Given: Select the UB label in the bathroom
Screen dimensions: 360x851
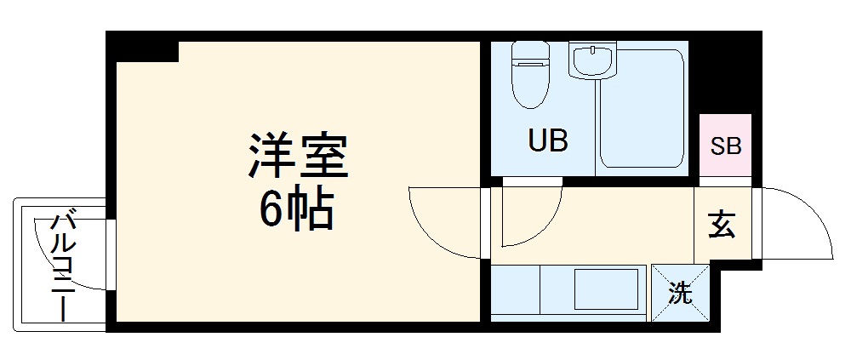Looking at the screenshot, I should point(547,140).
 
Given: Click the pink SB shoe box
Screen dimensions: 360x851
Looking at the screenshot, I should point(726,146).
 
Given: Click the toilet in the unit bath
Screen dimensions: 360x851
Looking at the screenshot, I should point(528,82).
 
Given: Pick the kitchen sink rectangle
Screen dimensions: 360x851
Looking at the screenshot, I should point(608,290).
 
